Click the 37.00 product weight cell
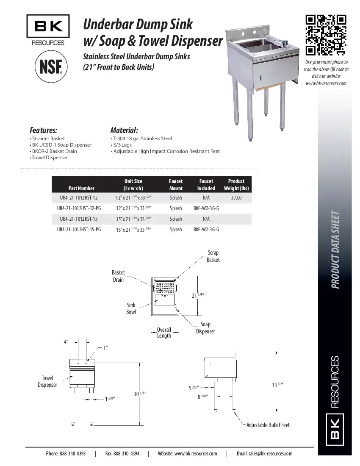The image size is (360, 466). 236,198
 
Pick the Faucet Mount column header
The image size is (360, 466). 176,185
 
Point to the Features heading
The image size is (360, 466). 43,130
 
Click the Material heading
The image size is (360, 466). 124,130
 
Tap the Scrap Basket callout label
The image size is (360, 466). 213,256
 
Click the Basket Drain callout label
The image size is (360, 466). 118,276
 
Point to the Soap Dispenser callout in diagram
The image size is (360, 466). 205,328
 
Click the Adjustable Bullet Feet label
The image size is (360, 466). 268,425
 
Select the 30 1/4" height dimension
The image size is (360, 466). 140,394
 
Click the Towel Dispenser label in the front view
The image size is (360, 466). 47,381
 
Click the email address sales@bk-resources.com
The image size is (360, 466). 264,453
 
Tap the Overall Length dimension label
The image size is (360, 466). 164,333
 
